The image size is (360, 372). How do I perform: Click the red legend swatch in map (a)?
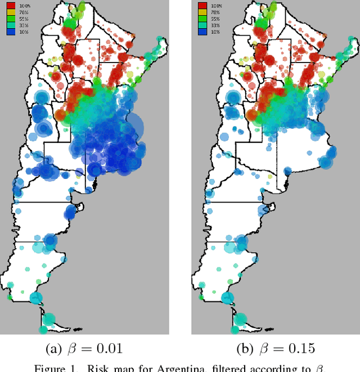11,5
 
